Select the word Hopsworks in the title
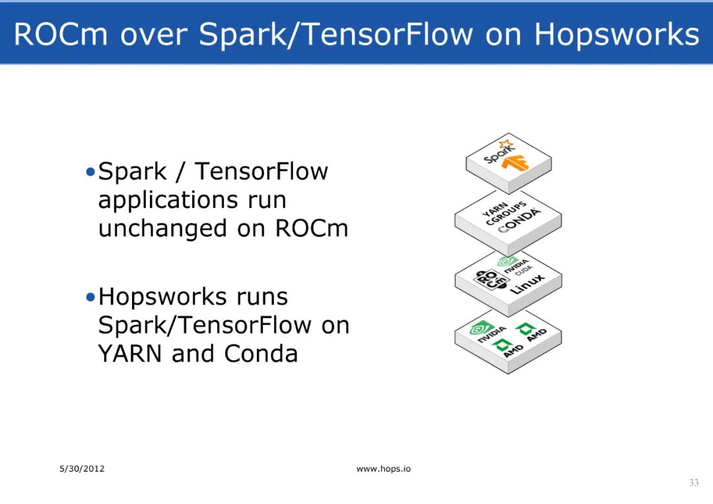pos(616,34)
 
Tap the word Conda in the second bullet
pos(261,354)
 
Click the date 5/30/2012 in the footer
pos(83,469)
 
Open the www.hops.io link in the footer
pos(384,469)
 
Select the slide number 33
pos(693,483)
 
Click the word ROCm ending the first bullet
pos(312,229)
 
